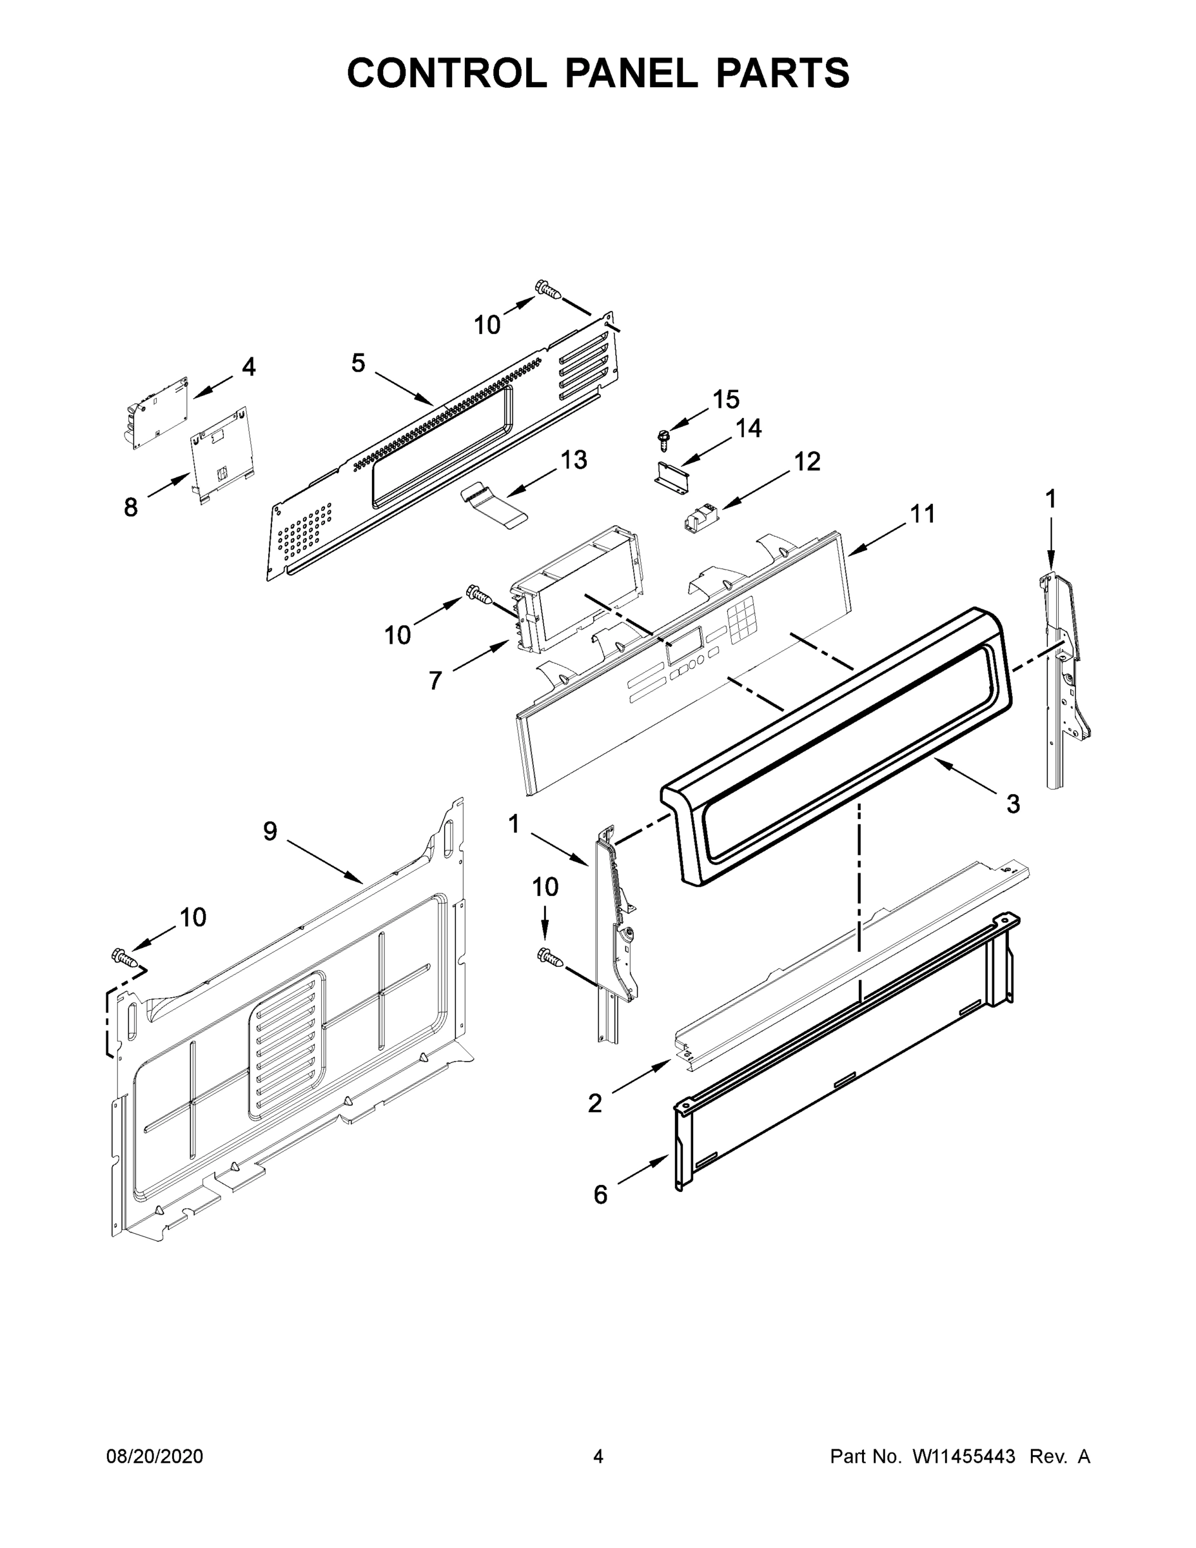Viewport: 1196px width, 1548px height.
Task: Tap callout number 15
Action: pyautogui.click(x=725, y=400)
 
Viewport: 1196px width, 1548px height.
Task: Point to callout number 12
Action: pyautogui.click(x=807, y=461)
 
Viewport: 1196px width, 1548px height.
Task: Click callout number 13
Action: pyautogui.click(x=574, y=460)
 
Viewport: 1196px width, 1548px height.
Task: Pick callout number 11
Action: pyautogui.click(x=923, y=513)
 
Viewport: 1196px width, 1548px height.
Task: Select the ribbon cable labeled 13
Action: pyautogui.click(x=494, y=502)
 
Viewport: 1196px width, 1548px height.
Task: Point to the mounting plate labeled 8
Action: pyautogui.click(x=221, y=453)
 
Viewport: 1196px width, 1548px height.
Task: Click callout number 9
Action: pyautogui.click(x=270, y=831)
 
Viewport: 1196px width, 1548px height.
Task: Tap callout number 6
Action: pyautogui.click(x=600, y=1195)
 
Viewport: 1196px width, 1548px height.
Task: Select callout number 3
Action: pyautogui.click(x=1013, y=804)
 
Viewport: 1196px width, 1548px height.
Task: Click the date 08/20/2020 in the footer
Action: pyautogui.click(x=155, y=1456)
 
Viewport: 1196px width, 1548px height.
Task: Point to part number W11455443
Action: pyautogui.click(x=964, y=1456)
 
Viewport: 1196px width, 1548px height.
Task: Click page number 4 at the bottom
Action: pyautogui.click(x=598, y=1456)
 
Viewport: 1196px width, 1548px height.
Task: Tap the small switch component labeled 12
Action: pyautogui.click(x=700, y=519)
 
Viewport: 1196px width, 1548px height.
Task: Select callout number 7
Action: pyautogui.click(x=435, y=680)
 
